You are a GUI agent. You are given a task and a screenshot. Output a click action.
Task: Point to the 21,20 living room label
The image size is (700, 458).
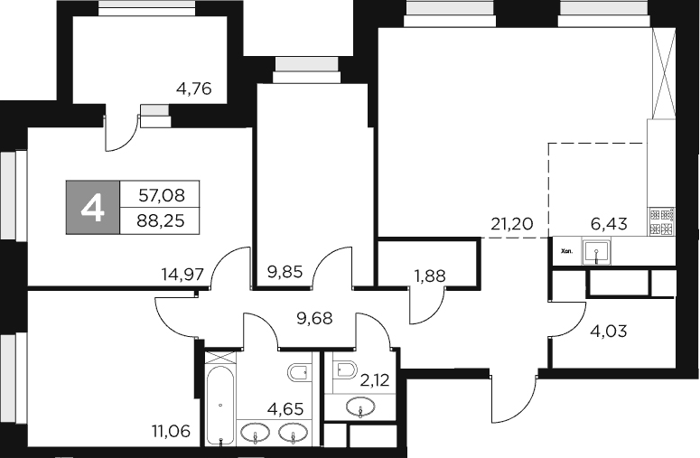[x=510, y=222]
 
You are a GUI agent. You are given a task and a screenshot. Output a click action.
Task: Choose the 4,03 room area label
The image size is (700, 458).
[x=608, y=330]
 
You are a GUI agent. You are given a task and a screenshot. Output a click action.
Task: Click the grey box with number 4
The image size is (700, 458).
[x=93, y=207]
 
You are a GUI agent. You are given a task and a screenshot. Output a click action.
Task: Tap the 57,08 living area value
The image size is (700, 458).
[x=163, y=194]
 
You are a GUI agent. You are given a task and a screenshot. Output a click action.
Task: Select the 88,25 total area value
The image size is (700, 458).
[x=163, y=220]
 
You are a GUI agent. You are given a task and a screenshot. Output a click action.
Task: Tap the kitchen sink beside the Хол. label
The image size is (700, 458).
[x=597, y=251]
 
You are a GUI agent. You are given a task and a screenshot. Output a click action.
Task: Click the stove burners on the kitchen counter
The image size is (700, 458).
[x=662, y=222]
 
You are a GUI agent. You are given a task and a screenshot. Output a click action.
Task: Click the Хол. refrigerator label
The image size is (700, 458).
[x=567, y=253]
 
